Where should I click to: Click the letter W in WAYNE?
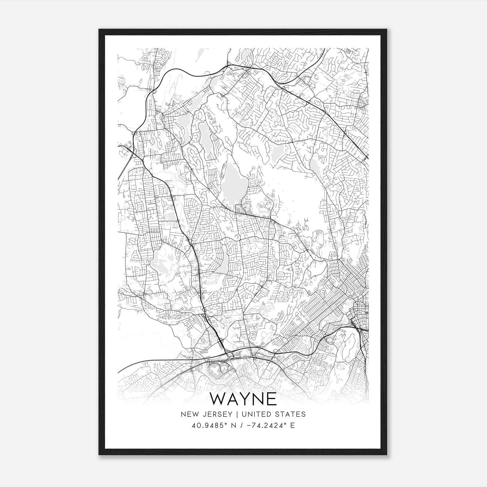coord(220,399)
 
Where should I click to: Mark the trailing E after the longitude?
coord(293,426)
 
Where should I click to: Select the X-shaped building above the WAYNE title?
coord(215,371)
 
